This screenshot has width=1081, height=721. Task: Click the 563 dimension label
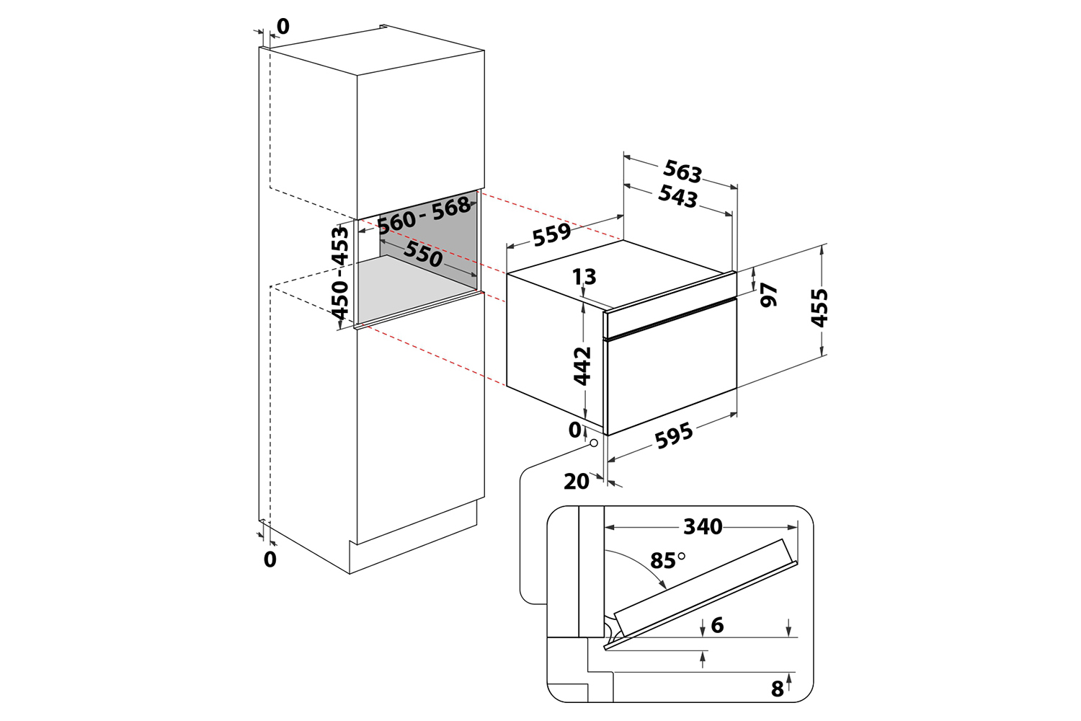click(x=682, y=172)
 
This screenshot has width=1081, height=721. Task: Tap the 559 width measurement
click(x=551, y=234)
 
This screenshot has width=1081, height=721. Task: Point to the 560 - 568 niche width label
click(x=424, y=216)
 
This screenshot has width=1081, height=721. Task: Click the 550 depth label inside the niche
click(x=423, y=254)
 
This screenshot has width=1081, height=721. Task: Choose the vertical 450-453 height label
click(x=340, y=274)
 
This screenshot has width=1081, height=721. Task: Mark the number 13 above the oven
click(x=584, y=277)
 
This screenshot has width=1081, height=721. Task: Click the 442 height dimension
click(x=582, y=366)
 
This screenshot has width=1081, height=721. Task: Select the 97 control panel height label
click(x=769, y=295)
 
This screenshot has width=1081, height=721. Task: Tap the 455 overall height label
click(x=819, y=308)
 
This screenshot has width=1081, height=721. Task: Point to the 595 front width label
click(x=674, y=435)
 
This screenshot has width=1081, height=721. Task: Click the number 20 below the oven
click(x=577, y=482)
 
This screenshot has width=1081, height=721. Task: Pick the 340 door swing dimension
click(x=703, y=526)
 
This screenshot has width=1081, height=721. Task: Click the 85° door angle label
click(x=667, y=561)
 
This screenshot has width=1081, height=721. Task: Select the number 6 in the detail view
click(x=718, y=625)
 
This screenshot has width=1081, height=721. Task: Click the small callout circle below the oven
click(x=594, y=443)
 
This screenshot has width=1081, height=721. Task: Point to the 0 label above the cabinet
click(x=283, y=27)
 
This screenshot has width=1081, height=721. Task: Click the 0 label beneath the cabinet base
click(x=270, y=559)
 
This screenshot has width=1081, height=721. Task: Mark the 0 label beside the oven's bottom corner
click(x=575, y=430)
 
